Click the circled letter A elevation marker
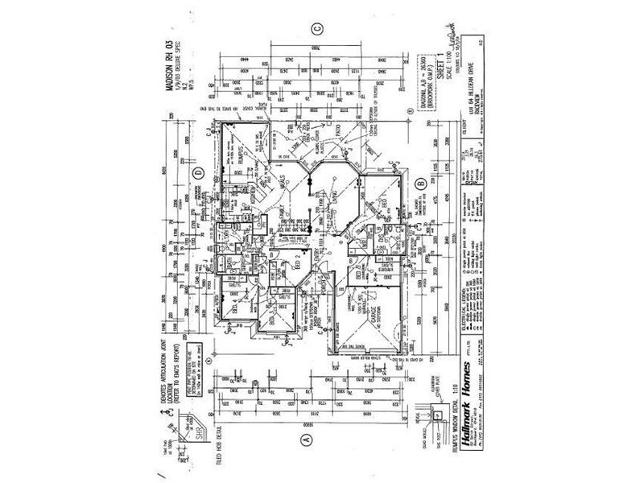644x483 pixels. pos(305,440)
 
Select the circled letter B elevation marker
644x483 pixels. pos(420,184)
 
